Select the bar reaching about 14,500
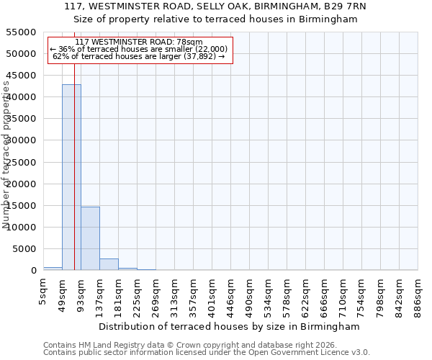[x=90, y=238]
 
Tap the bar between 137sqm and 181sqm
[x=109, y=264]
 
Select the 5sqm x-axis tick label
[x=44, y=292]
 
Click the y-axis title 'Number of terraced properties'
[x=6, y=155]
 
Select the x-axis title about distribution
[x=230, y=326]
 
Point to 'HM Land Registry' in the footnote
[x=110, y=345]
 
